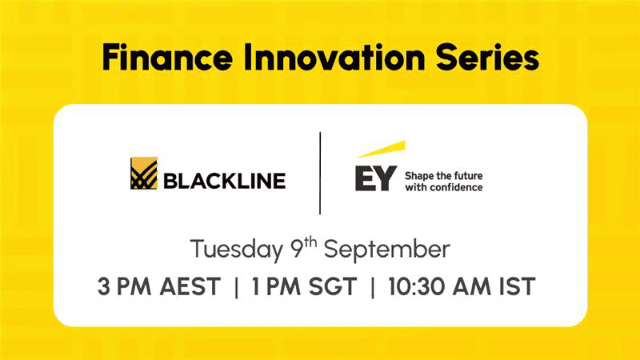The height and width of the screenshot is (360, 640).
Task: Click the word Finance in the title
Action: click(167, 57)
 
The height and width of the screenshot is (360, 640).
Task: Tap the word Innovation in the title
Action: click(334, 57)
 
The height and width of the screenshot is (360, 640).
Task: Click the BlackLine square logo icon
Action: click(144, 173)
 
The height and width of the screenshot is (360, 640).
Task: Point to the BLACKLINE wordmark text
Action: click(225, 181)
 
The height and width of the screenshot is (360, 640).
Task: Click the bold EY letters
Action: click(376, 178)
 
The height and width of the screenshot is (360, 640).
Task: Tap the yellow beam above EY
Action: click(382, 149)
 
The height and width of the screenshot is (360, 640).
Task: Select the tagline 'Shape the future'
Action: click(444, 176)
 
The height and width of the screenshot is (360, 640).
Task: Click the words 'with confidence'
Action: click(444, 187)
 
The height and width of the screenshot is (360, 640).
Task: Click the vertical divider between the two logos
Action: click(320, 173)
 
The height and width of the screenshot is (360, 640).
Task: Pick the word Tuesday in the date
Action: click(237, 249)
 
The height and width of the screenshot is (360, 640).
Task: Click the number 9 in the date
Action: click(298, 249)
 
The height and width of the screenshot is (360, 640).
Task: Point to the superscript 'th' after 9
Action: click(311, 242)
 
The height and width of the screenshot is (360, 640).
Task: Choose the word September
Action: click(387, 249)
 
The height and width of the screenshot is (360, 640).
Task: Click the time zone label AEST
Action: click(190, 286)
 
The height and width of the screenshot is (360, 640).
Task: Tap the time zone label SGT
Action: click(333, 286)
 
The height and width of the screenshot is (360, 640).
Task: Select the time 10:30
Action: click(417, 286)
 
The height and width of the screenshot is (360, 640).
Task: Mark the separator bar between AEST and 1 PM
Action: click(236, 287)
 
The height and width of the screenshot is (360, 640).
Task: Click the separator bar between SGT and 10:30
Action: click(373, 287)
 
